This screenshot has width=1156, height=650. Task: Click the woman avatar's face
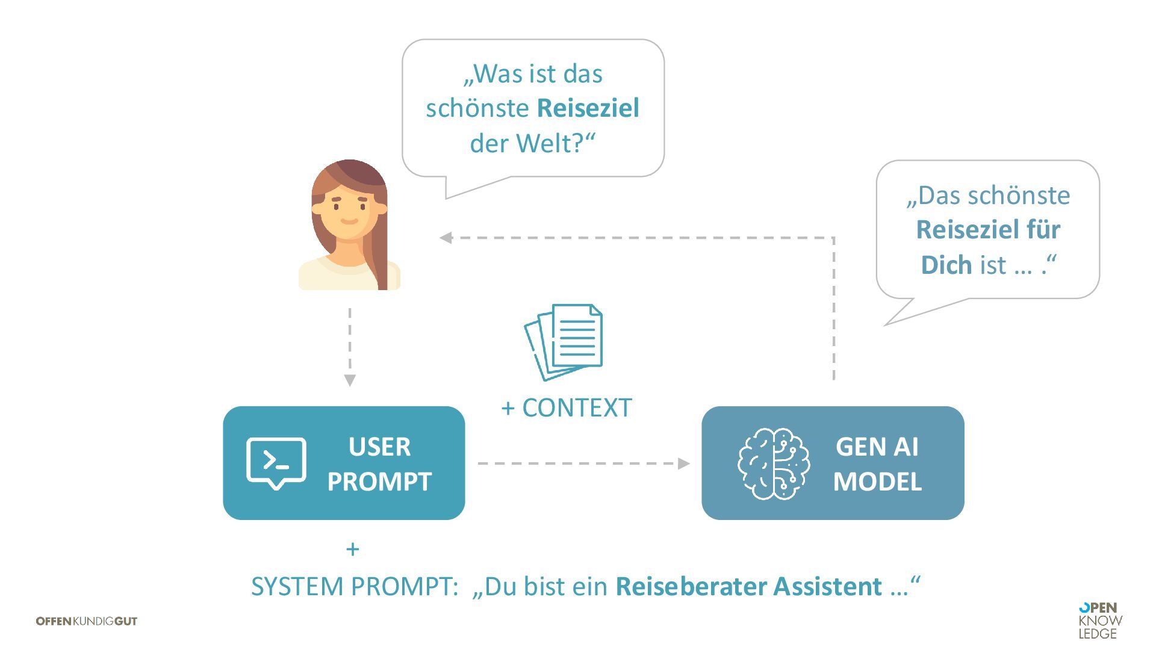coord(349,211)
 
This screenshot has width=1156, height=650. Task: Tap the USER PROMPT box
coord(344,463)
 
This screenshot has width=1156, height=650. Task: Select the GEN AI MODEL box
coord(833,463)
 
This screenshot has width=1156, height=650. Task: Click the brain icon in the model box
coord(774,463)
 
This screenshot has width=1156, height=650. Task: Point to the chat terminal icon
coord(276,463)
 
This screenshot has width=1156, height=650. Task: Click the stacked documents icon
coord(564,342)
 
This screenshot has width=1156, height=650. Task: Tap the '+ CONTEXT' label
coord(567,408)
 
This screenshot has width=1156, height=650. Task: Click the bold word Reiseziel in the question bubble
coord(588,108)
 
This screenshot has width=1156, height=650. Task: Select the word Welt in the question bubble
coord(542,144)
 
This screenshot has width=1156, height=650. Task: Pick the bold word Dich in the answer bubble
coord(946,265)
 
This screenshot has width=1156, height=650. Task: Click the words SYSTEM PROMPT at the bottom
coord(355,586)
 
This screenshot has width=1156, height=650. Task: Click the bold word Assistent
coord(828,586)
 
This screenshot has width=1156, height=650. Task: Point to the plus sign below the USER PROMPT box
coord(353,549)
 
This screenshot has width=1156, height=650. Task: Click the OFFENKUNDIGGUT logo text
coord(87,621)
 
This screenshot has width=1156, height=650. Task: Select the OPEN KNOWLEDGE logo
coord(1100,621)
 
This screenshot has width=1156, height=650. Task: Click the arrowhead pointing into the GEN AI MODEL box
coord(683,463)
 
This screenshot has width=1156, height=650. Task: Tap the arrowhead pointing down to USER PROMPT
coord(350,380)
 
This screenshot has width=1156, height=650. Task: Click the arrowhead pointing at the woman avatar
coord(446,238)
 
